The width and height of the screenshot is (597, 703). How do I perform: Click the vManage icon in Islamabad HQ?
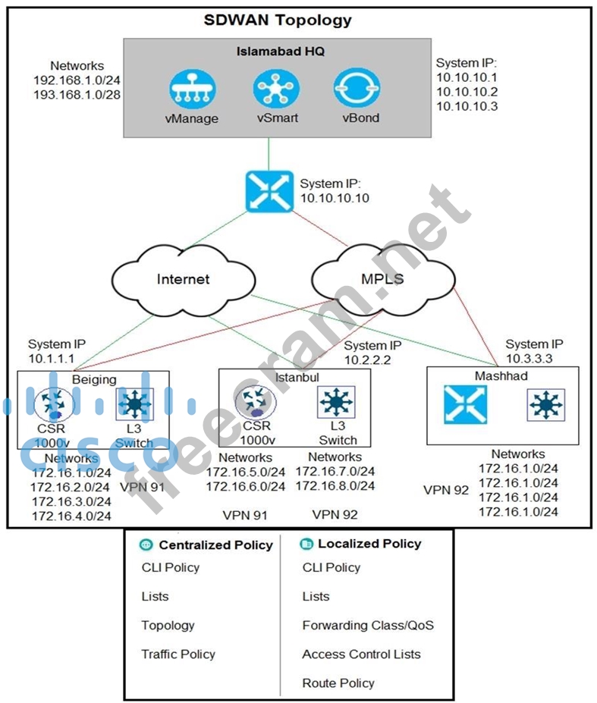pos(191,89)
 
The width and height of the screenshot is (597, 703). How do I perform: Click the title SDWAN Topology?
pos(278,20)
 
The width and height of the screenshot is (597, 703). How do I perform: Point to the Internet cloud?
pos(183,278)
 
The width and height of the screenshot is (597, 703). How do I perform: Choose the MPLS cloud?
pos(382,278)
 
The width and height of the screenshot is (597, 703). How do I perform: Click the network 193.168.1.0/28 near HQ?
pos(77,95)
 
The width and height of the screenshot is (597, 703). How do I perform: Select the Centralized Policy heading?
pos(215,545)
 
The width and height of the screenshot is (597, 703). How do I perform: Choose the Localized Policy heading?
pos(369,544)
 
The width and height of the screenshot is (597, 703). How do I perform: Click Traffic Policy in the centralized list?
pos(178,654)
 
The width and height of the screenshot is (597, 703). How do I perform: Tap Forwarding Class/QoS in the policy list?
pos(368,626)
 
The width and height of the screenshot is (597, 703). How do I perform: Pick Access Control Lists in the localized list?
pos(361,654)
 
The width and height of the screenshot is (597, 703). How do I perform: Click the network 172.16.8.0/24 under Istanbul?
pos(335,487)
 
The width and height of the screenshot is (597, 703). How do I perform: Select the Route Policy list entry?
pos(338,683)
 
